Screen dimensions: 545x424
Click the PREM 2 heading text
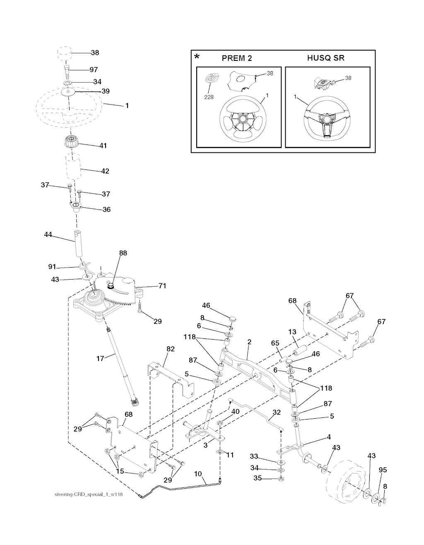(x=237, y=58)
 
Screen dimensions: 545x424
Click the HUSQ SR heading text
(x=325, y=58)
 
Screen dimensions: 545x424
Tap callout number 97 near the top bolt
(x=94, y=70)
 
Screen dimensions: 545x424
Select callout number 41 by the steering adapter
(x=103, y=146)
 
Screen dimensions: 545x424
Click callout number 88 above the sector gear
(x=123, y=253)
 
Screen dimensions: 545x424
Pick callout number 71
(x=162, y=286)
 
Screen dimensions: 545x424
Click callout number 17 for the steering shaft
(x=100, y=359)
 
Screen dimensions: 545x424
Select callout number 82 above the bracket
(x=170, y=349)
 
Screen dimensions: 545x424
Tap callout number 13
(x=292, y=332)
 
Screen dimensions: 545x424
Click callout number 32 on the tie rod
(x=277, y=412)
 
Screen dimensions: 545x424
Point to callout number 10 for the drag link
(x=198, y=473)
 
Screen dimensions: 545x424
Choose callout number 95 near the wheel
(x=383, y=470)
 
